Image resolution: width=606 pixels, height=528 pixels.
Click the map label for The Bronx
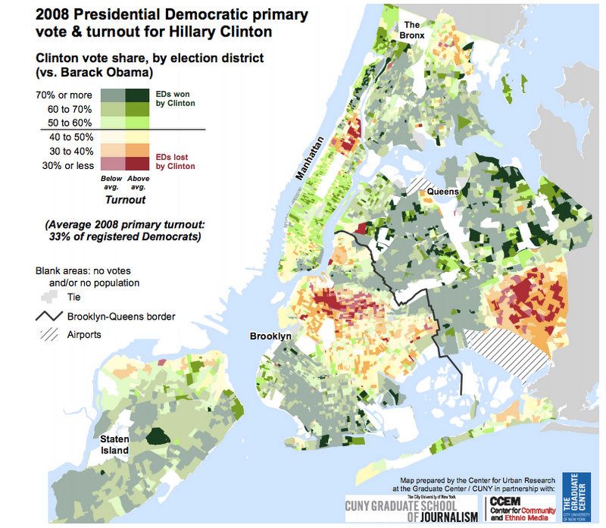[x=414, y=31]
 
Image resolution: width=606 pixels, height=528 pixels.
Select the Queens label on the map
[x=443, y=192]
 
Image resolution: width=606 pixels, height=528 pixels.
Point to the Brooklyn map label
[x=270, y=336]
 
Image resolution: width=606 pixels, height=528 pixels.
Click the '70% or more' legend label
[x=64, y=95]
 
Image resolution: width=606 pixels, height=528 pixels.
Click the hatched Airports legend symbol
[x=47, y=334]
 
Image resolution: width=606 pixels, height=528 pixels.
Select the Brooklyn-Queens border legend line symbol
[x=47, y=316]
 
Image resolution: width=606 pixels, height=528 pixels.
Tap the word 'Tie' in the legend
[x=74, y=298]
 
